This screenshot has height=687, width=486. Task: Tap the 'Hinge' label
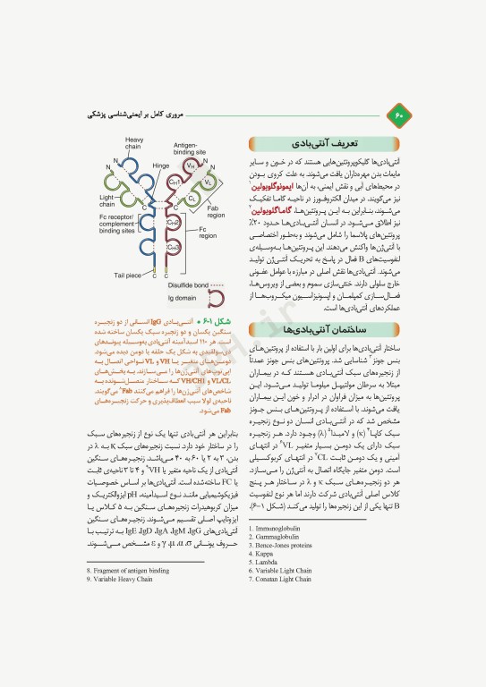[161, 165]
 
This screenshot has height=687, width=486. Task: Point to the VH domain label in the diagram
[191, 165]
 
